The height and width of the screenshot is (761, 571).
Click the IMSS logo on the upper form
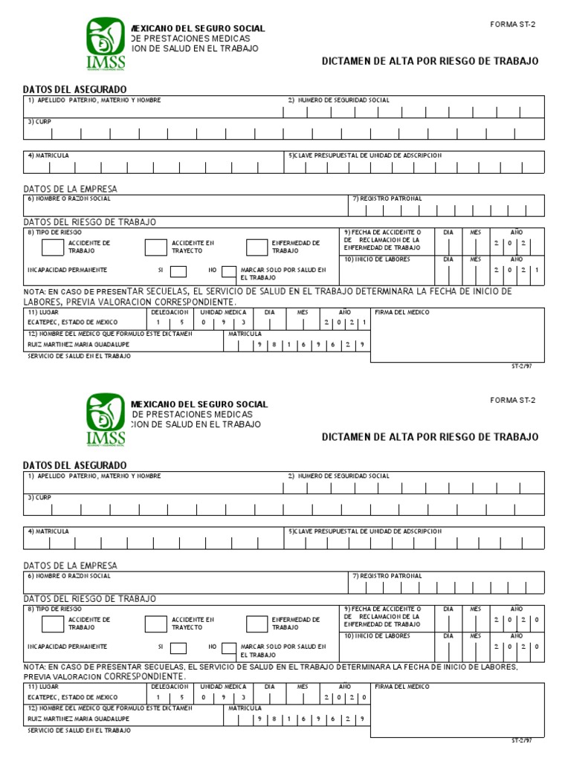click(105, 45)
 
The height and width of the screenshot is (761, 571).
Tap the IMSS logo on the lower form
click(105, 421)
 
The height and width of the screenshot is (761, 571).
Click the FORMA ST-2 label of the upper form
click(512, 25)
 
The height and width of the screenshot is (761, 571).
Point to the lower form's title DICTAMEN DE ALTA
click(430, 437)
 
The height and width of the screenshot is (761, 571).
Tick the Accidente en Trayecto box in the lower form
click(155, 623)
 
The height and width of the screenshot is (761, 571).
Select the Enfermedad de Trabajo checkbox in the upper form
click(257, 247)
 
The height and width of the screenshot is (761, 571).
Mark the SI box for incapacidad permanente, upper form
click(178, 271)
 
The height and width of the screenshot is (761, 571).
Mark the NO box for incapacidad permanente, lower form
click(229, 647)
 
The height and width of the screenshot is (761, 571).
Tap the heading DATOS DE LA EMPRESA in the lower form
click(71, 566)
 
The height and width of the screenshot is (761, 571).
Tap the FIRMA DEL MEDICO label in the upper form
click(402, 313)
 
